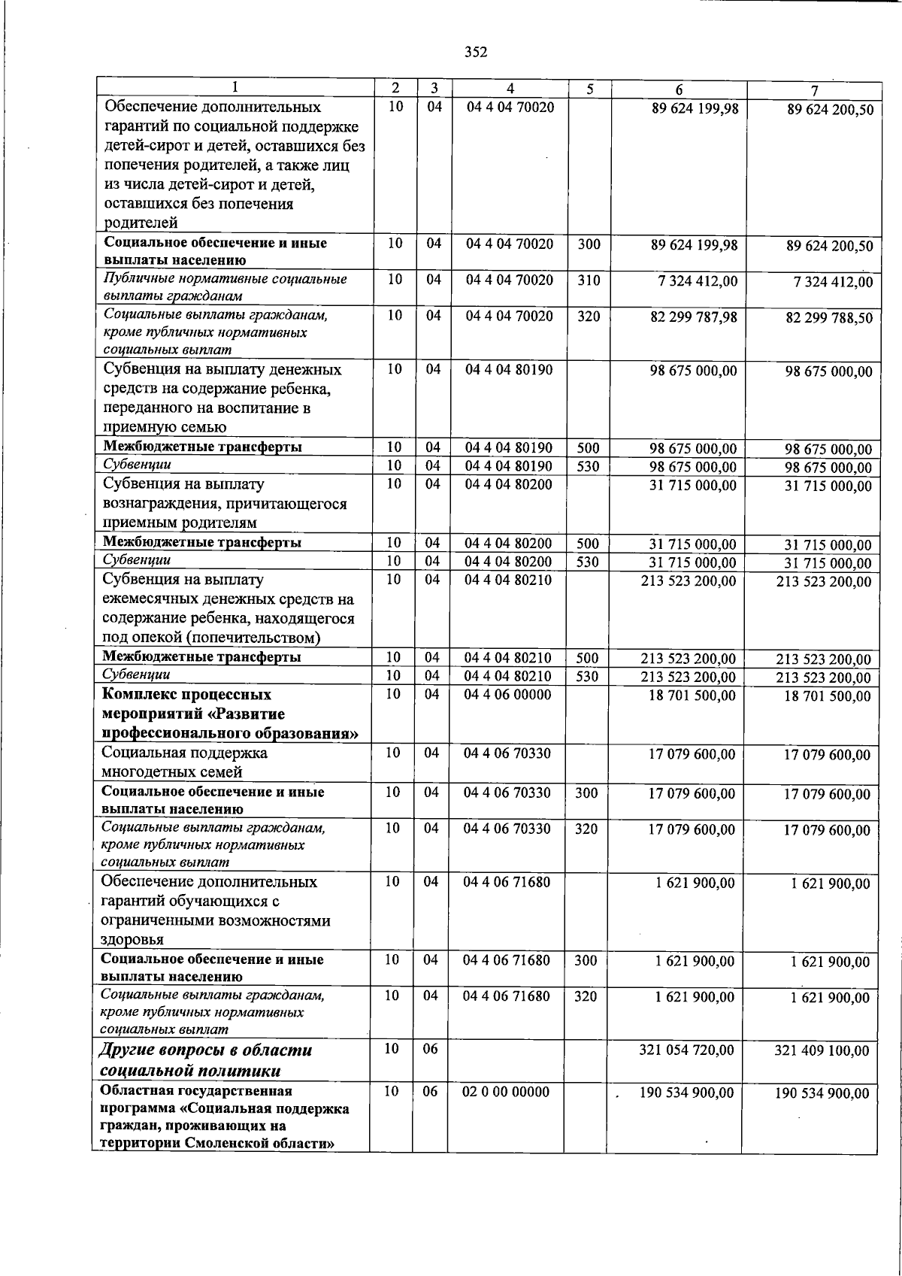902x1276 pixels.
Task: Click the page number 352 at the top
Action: click(x=475, y=52)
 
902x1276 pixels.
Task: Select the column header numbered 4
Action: click(x=510, y=89)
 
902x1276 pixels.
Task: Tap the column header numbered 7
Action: click(x=814, y=90)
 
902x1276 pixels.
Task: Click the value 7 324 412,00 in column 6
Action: click(x=698, y=281)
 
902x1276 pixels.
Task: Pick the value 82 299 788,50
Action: click(x=829, y=318)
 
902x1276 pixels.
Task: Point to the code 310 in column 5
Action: click(x=589, y=280)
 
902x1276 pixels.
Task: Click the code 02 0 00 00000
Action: click(x=506, y=1092)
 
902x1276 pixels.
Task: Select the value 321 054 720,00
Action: click(x=686, y=1050)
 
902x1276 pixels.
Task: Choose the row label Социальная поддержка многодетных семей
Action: click(x=184, y=762)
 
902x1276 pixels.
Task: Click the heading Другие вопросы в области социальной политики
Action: click(x=205, y=1060)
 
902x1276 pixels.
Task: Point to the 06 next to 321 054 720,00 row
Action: click(x=430, y=1049)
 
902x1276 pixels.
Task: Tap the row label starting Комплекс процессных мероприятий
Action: click(x=230, y=714)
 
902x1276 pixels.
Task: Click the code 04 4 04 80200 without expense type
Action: click(x=508, y=485)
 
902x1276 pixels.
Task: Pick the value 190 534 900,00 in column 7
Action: click(x=822, y=1093)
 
